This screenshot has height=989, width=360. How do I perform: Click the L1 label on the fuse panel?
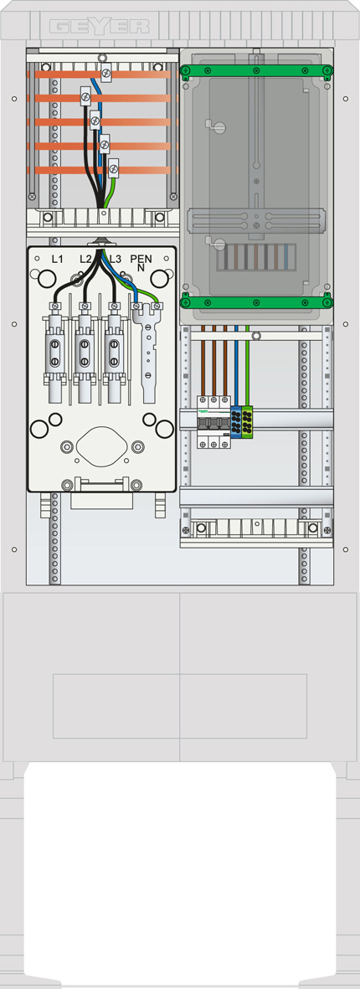pyautogui.click(x=58, y=259)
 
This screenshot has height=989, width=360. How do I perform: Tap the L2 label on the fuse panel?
pyautogui.click(x=86, y=259)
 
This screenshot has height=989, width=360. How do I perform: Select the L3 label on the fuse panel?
pyautogui.click(x=115, y=259)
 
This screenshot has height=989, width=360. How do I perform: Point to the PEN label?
pyautogui.click(x=141, y=259)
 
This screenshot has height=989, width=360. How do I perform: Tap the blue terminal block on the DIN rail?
pyautogui.click(x=236, y=421)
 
